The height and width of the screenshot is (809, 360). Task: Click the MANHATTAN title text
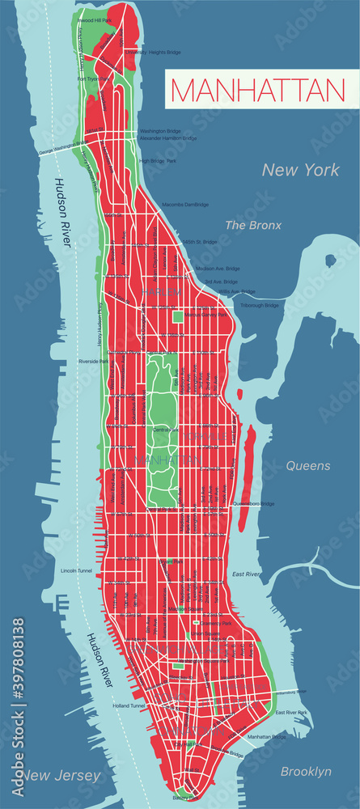click(256, 90)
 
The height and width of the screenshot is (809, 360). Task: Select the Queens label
click(307, 466)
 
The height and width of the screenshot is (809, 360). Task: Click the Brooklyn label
click(307, 772)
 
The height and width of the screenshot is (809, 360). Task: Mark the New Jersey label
click(62, 776)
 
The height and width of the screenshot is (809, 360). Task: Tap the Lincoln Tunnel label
click(79, 570)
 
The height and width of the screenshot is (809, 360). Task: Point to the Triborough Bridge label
click(260, 305)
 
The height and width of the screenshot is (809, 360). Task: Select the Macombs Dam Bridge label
click(186, 205)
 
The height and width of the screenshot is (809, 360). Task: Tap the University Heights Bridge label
click(153, 52)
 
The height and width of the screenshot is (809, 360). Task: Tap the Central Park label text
click(165, 429)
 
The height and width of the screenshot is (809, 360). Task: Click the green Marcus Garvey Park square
click(178, 316)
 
